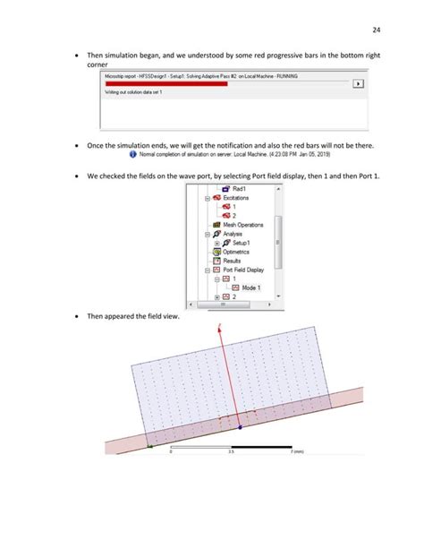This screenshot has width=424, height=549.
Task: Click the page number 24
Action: pyautogui.click(x=390, y=22)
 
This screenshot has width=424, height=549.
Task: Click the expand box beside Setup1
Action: pyautogui.click(x=217, y=242)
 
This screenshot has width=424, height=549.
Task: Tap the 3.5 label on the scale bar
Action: pyautogui.click(x=231, y=452)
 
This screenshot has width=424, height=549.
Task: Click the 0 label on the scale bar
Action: pyautogui.click(x=171, y=452)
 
